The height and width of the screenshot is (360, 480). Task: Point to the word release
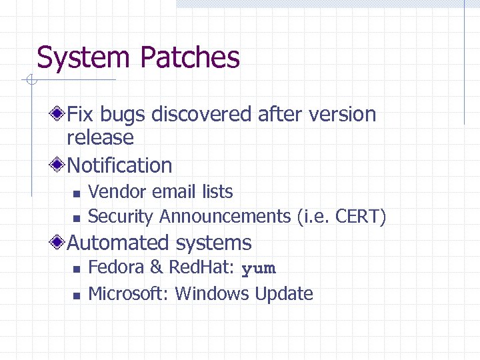(x=100, y=138)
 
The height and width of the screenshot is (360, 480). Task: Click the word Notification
(x=120, y=165)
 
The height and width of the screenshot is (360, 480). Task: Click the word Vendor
(x=117, y=192)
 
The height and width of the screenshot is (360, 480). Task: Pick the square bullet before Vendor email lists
(x=76, y=193)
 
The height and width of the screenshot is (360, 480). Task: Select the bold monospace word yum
(x=258, y=269)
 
